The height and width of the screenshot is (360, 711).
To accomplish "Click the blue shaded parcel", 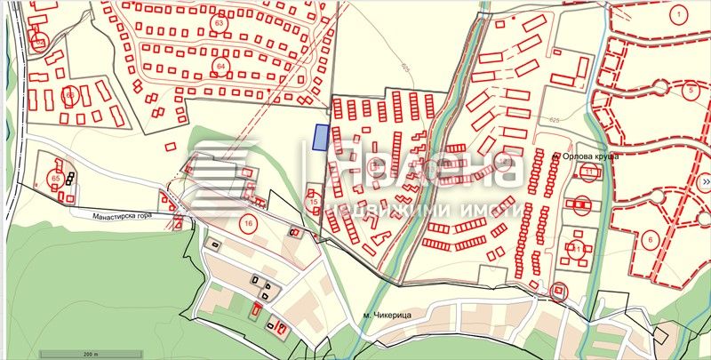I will pyautogui.click(x=321, y=138).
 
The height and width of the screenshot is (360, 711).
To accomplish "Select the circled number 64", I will pyautogui.click(x=221, y=67).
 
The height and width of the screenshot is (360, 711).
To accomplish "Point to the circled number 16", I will pyautogui.click(x=248, y=221).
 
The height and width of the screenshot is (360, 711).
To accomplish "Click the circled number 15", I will pyautogui.click(x=314, y=203).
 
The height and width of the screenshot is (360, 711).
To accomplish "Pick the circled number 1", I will pyautogui.click(x=677, y=13).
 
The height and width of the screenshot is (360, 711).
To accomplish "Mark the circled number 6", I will pyautogui.click(x=650, y=239).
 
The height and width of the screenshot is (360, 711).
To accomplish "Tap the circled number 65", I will pyautogui.click(x=55, y=179).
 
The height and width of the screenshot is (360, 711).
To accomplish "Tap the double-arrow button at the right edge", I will pyautogui.click(x=705, y=182).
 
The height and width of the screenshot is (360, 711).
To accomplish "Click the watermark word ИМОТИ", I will pyautogui.click(x=492, y=210).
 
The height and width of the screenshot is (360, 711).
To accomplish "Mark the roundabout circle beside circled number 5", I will pyautogui.click(x=660, y=87).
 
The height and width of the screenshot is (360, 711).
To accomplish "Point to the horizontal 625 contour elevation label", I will pyautogui.click(x=555, y=119).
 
